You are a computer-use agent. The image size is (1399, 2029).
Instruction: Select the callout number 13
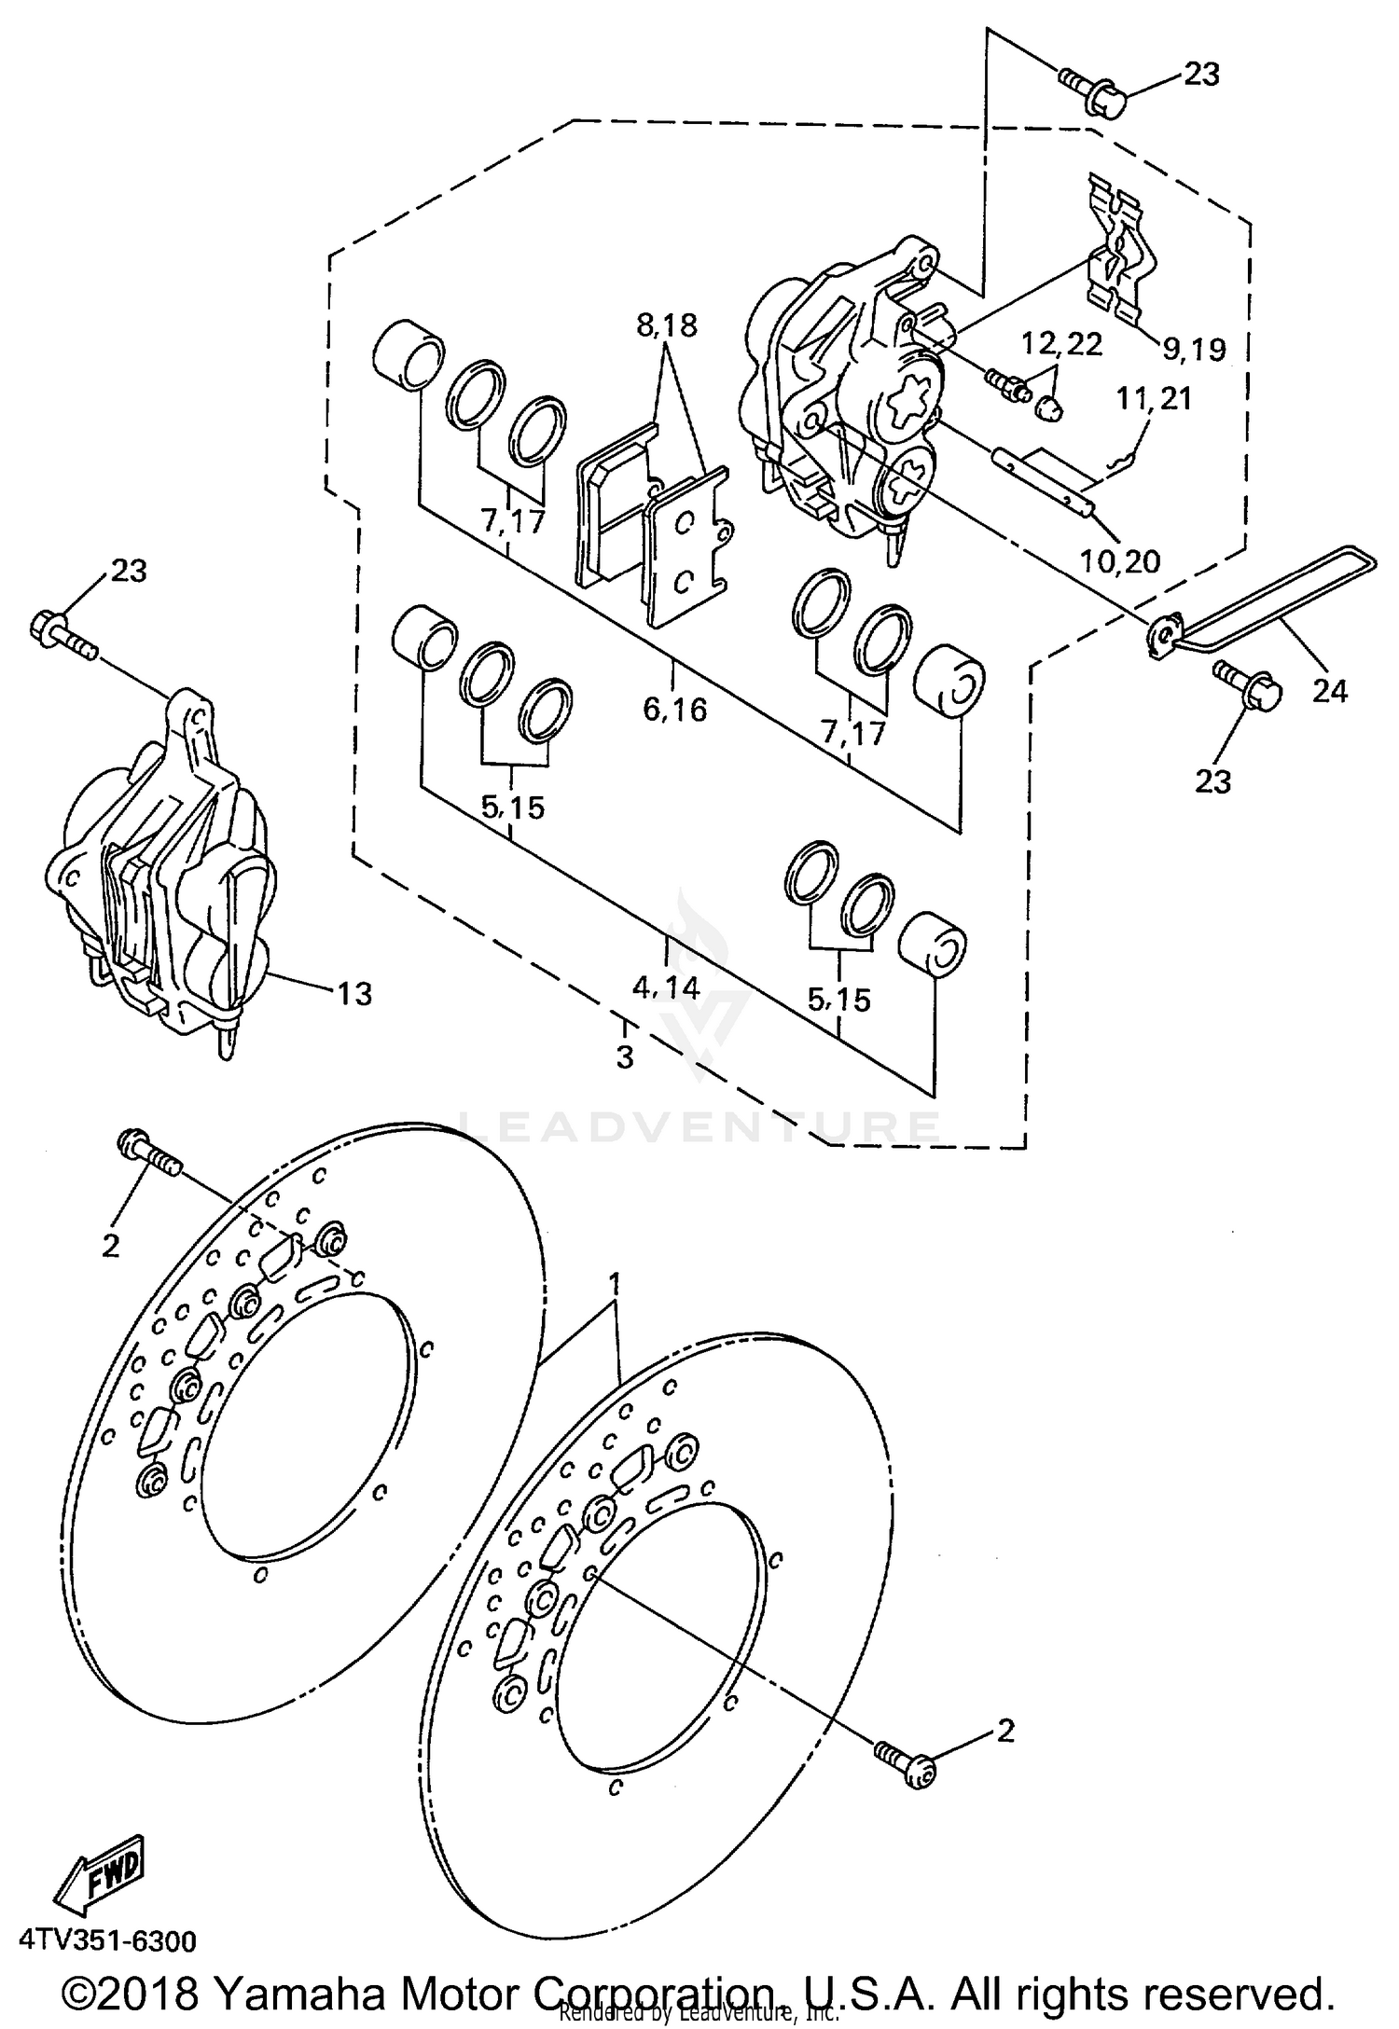353,994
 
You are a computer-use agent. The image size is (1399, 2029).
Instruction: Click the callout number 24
1329,691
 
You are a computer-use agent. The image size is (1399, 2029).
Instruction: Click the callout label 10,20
1119,560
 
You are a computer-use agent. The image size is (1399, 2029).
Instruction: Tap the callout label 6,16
674,710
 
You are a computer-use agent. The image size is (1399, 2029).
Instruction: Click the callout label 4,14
666,987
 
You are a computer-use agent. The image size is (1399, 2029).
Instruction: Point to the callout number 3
624,1057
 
